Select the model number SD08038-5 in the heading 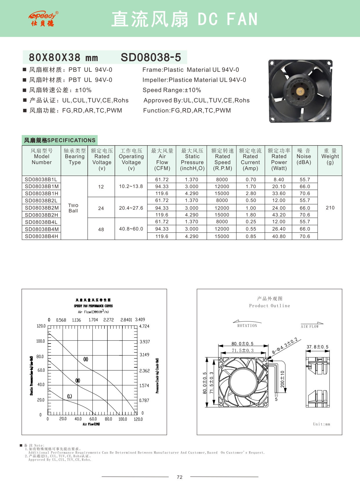(151, 57)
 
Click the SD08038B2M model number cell (42, 208)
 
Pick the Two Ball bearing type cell (73, 208)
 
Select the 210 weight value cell (330, 208)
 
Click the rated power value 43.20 (279, 215)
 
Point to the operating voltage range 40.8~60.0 (131, 229)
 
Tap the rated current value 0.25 (251, 222)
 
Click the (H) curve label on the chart (86, 359)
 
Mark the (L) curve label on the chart (70, 396)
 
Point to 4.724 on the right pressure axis (144, 326)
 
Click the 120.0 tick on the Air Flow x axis (138, 419)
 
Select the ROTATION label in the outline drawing (247, 326)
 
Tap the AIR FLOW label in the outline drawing (310, 327)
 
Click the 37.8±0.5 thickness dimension (318, 347)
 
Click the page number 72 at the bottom (180, 477)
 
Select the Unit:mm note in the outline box (321, 424)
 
